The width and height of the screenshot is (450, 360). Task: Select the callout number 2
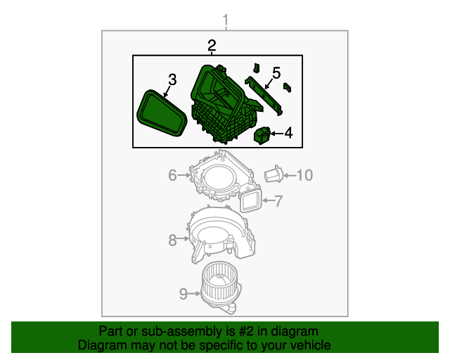click(212, 46)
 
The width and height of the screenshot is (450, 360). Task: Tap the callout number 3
click(172, 79)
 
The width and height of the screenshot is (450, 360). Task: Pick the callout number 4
click(288, 132)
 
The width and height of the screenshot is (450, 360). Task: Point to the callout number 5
click(276, 72)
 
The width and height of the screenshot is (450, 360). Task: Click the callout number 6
click(172, 175)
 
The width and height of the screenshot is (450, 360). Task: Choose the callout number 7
click(278, 202)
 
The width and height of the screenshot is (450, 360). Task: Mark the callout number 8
click(172, 240)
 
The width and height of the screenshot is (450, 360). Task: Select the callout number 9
click(184, 294)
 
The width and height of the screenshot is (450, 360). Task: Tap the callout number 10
click(303, 175)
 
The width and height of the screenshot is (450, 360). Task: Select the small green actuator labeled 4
click(263, 135)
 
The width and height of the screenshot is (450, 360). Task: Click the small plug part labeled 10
click(274, 174)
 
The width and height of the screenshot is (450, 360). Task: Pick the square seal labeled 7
click(251, 201)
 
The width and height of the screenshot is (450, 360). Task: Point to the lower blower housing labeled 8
click(221, 236)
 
